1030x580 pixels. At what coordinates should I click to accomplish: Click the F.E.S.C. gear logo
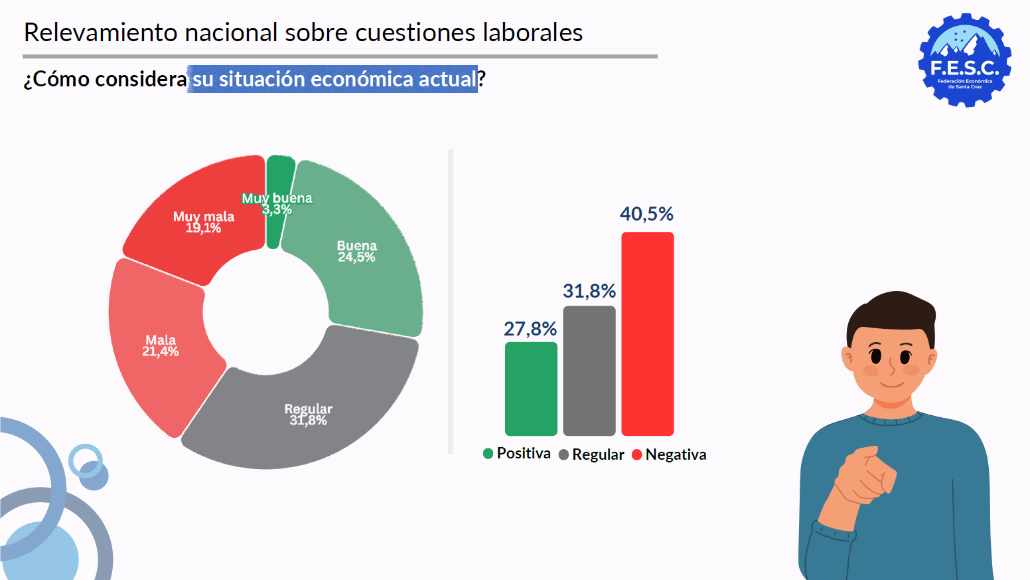pos(964,60)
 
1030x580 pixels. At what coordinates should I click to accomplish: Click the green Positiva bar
pos(531,389)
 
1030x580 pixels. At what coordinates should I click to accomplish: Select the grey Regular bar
pos(589,371)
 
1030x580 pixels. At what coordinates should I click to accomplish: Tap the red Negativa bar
pos(647,334)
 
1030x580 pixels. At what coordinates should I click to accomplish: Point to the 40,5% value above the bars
pos(646,214)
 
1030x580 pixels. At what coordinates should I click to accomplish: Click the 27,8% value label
pos(530,329)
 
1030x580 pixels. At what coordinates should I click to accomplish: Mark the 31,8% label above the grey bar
pos(589,291)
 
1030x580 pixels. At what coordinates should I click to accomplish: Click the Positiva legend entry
pos(517,453)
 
